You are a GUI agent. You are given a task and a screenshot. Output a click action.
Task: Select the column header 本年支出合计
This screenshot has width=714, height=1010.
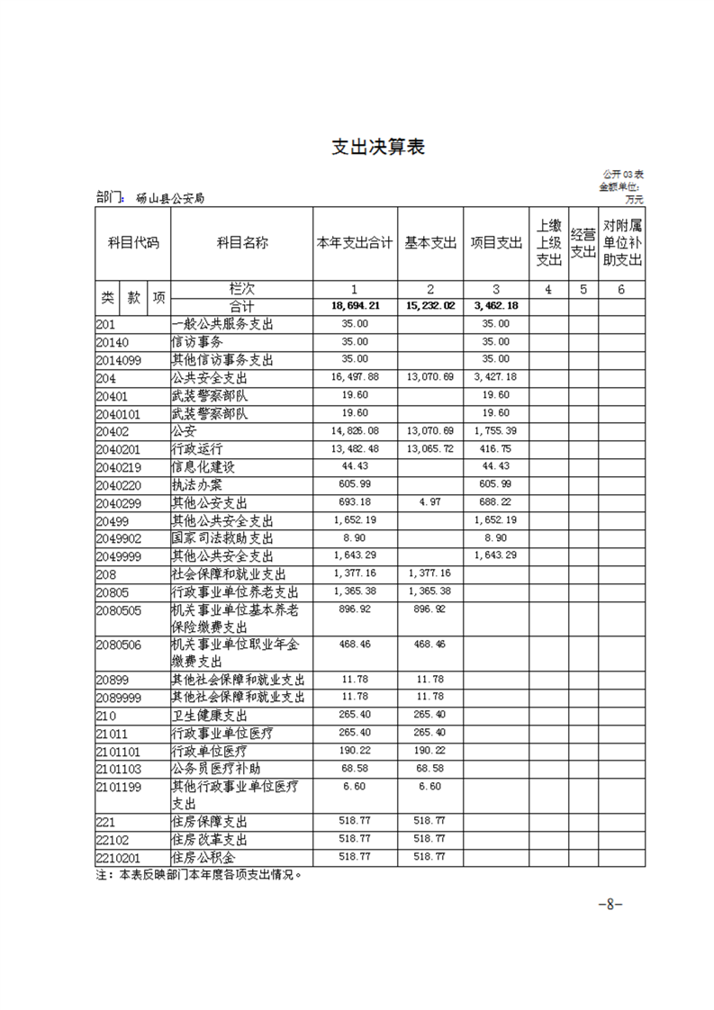point(354,243)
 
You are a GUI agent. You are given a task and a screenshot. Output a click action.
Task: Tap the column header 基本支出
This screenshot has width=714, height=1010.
point(429,243)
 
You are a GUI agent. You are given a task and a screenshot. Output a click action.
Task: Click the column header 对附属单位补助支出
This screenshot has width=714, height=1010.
point(621,243)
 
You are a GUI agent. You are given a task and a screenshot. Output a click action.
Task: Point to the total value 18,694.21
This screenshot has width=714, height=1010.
point(354,306)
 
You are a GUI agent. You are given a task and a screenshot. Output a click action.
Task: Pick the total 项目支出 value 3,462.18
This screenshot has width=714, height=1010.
point(495,306)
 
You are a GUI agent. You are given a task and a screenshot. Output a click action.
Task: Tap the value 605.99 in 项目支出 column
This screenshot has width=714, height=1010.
point(495,484)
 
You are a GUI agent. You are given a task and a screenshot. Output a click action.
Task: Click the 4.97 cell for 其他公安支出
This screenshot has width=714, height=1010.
point(430,502)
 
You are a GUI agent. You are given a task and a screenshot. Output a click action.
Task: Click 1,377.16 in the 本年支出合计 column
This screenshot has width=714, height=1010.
point(354,573)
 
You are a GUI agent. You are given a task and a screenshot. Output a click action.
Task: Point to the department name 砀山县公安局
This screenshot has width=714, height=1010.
point(169,198)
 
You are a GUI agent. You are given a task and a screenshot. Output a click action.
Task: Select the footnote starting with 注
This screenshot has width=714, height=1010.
point(197,874)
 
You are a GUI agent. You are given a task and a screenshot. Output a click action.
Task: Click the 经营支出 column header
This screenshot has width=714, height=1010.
point(583,243)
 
